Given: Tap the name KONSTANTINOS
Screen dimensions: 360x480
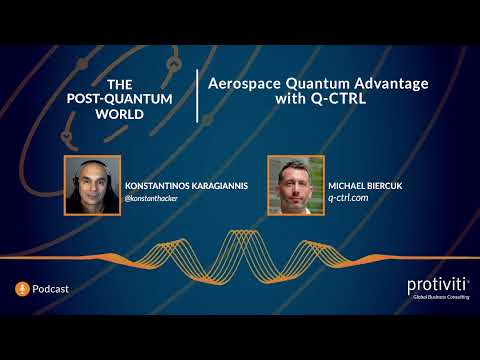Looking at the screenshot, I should [163, 186].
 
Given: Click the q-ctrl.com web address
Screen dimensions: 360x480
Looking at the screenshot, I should [349, 199].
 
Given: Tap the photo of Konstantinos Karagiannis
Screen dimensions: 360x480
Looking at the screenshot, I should [92, 186].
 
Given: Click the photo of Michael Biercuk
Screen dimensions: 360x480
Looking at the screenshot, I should [296, 186].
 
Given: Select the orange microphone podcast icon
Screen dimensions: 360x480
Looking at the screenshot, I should [21, 289].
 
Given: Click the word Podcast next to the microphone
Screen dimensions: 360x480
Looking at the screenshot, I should [51, 289].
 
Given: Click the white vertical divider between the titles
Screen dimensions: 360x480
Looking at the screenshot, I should [197, 96].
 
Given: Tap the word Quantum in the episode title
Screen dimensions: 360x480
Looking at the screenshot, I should [314, 85].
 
